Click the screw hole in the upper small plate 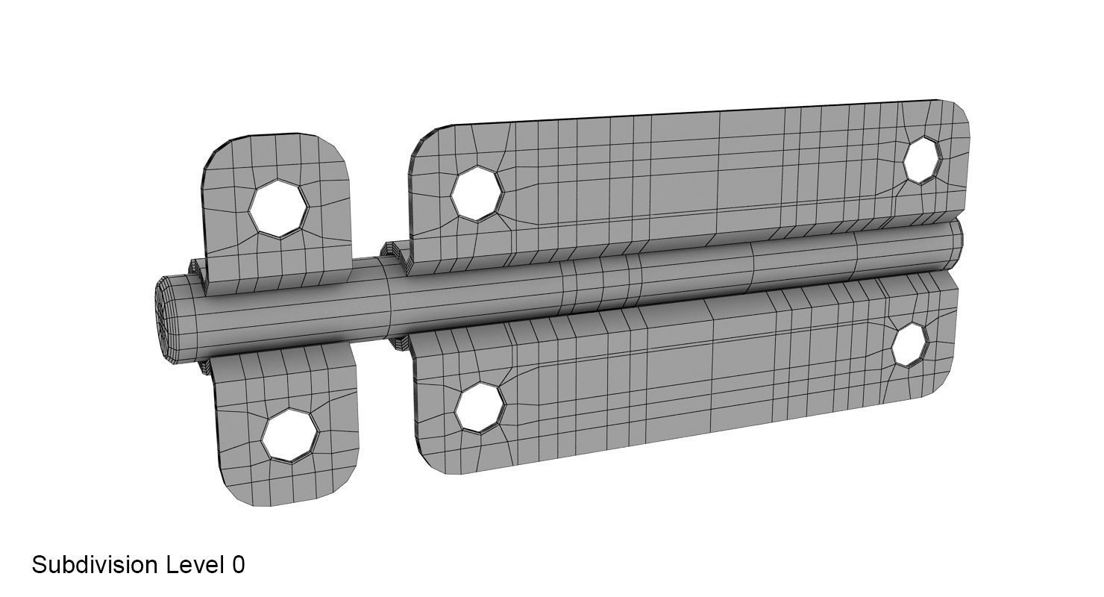click(x=277, y=208)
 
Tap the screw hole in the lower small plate click(x=289, y=434)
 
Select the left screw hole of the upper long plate click(x=477, y=194)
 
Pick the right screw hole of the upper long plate click(x=923, y=160)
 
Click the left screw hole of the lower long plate click(x=479, y=407)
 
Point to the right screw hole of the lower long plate click(x=910, y=345)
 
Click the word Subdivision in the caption click(x=95, y=565)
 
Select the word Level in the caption click(x=195, y=565)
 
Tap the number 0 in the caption click(x=238, y=565)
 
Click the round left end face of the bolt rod click(x=165, y=321)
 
